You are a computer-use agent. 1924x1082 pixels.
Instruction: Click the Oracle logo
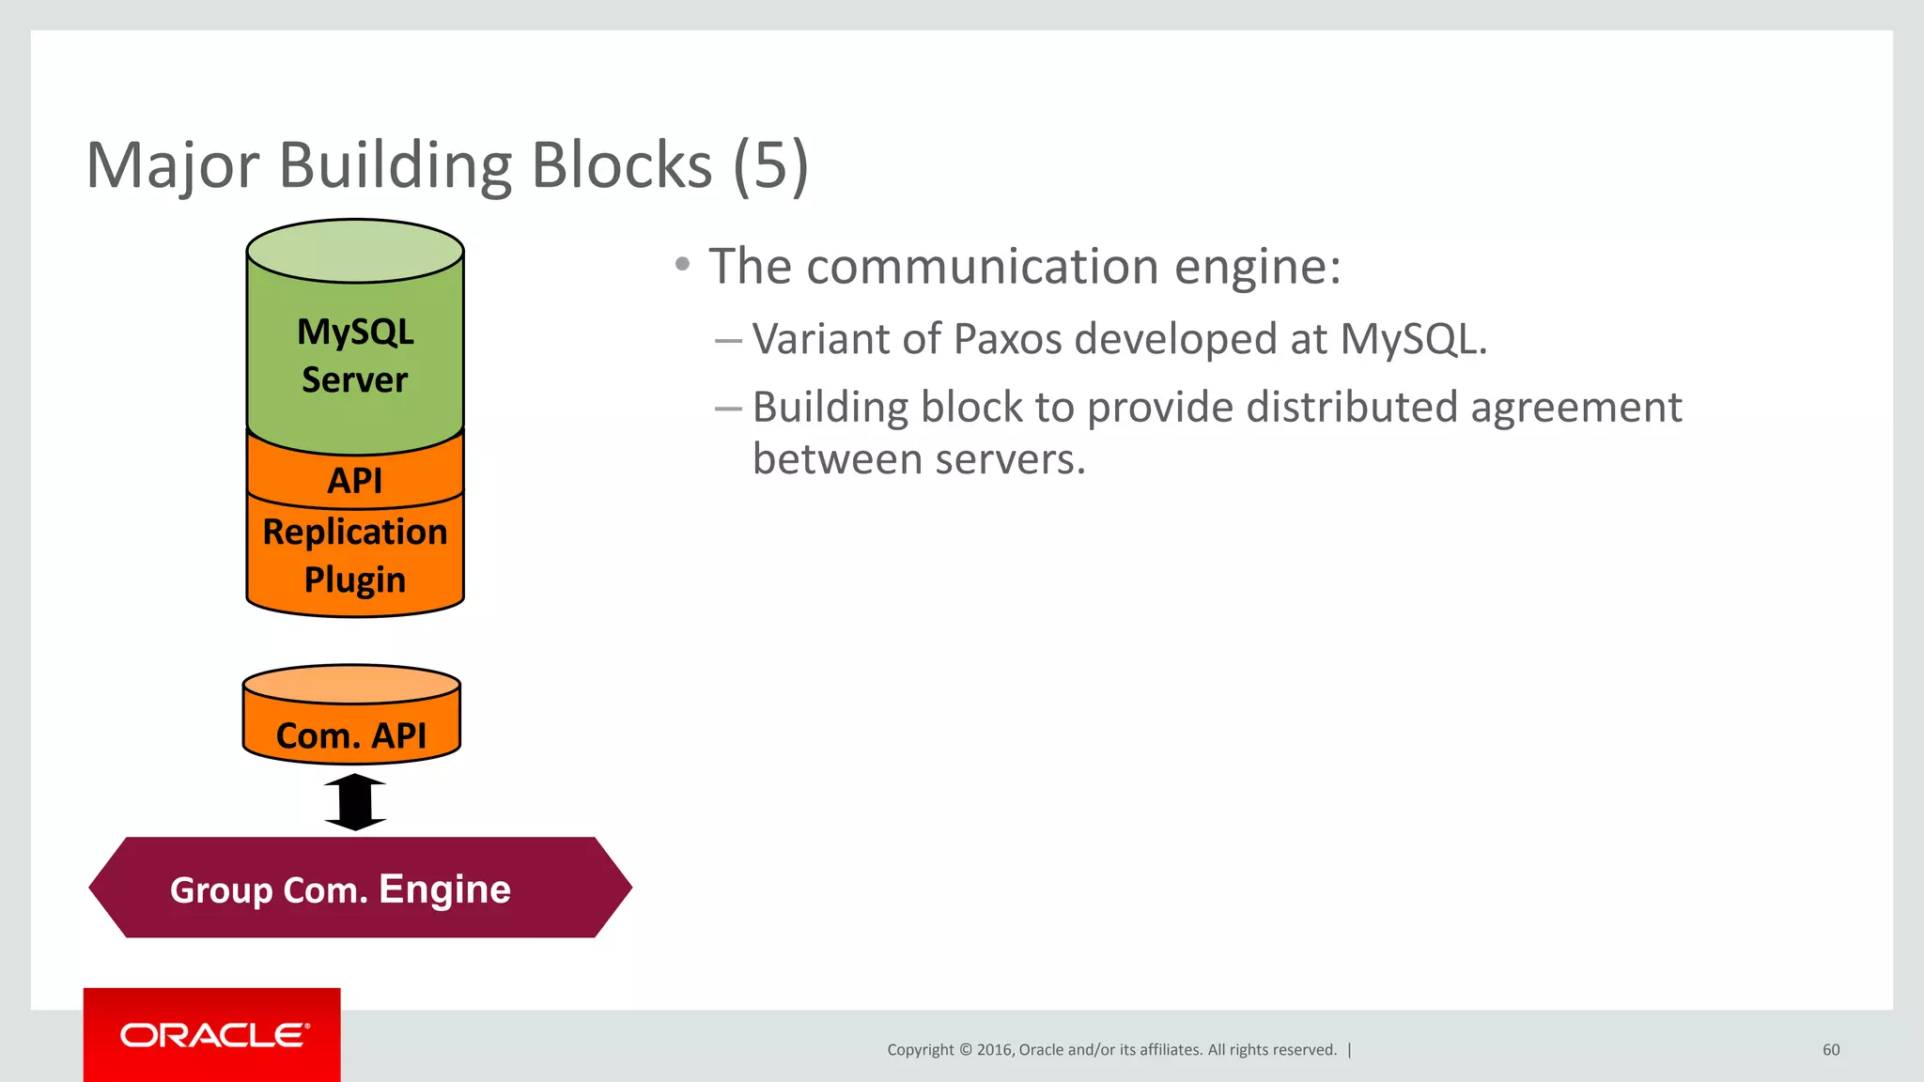click(212, 1035)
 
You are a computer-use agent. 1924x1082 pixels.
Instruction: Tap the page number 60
click(1830, 1050)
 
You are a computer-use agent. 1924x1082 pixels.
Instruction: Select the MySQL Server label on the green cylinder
click(355, 356)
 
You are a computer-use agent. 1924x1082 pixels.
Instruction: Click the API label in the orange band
click(355, 481)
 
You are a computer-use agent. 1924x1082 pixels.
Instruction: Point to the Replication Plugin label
click(355, 556)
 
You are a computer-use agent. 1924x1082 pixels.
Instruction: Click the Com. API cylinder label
click(351, 735)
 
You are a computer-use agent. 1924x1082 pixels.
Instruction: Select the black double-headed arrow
click(355, 802)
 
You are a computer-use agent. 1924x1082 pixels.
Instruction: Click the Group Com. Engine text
click(340, 889)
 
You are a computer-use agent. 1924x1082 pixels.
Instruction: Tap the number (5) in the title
click(769, 166)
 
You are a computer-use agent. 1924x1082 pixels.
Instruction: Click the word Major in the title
click(172, 166)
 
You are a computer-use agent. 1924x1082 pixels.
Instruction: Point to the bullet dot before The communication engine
click(683, 264)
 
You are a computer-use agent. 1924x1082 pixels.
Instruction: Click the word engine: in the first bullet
click(1258, 268)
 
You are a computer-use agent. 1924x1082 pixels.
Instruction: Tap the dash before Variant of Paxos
click(729, 339)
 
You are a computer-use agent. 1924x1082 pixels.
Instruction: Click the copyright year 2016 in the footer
click(994, 1050)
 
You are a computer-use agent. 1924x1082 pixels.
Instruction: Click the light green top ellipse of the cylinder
click(355, 251)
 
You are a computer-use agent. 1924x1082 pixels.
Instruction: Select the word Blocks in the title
click(622, 166)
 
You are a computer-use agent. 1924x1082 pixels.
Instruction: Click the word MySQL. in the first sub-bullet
click(1413, 339)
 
